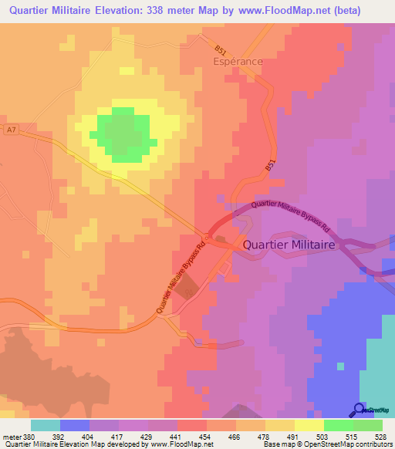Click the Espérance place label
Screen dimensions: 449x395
pyautogui.click(x=238, y=60)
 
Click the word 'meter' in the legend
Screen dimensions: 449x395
pyautogui.click(x=12, y=436)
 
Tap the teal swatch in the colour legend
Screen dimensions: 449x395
pyautogui.click(x=45, y=425)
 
